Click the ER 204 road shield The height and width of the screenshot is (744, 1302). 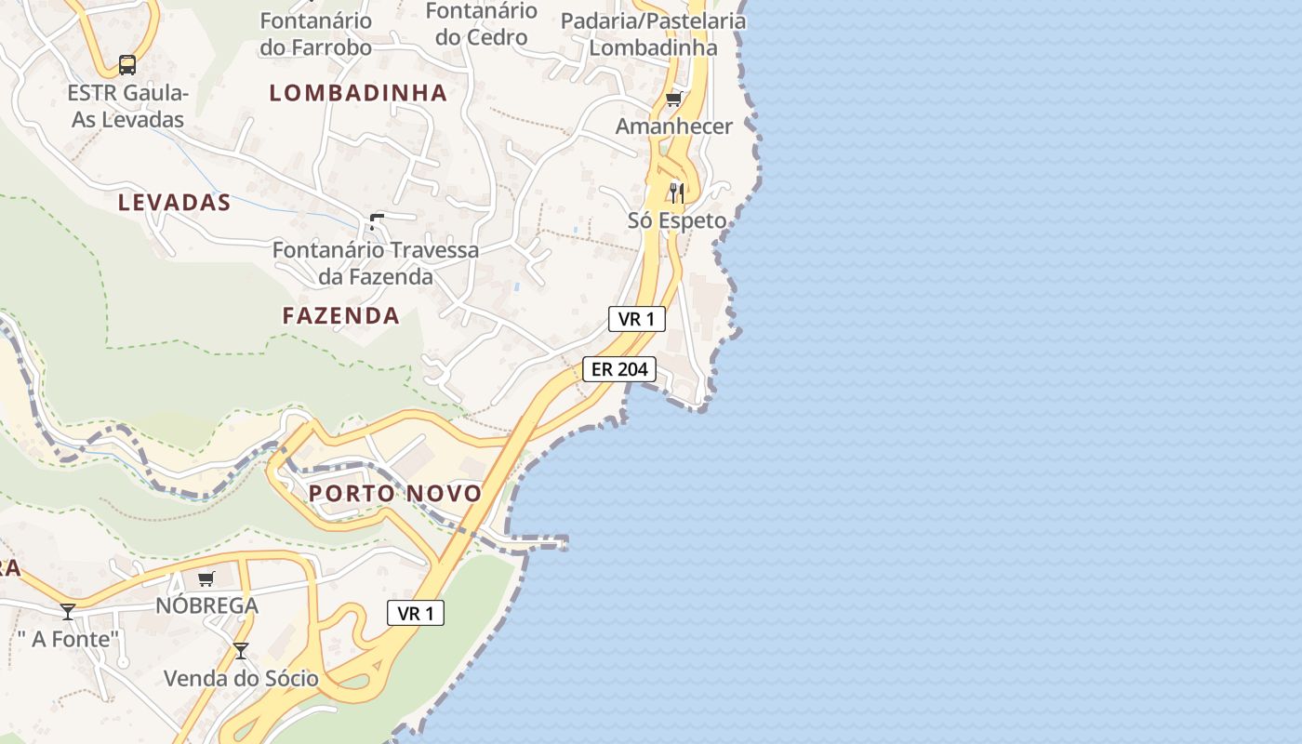tap(619, 369)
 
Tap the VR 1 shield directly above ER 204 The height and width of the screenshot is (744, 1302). tap(637, 319)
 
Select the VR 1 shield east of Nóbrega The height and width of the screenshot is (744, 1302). tap(416, 613)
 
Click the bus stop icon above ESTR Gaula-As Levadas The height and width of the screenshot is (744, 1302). tap(127, 65)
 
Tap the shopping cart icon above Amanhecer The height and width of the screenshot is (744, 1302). tap(674, 99)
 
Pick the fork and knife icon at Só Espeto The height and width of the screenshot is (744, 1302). tap(676, 193)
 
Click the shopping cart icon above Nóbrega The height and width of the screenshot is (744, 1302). tap(206, 578)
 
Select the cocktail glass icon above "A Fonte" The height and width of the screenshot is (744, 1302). tap(68, 611)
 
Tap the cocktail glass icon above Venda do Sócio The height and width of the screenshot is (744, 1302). tap(241, 650)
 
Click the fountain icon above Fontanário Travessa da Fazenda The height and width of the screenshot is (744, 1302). tap(376, 221)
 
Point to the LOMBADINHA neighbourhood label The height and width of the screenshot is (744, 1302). tap(358, 93)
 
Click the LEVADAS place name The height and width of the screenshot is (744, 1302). tap(174, 203)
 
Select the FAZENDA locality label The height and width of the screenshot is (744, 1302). tap(341, 316)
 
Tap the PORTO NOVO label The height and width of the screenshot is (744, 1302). tap(395, 494)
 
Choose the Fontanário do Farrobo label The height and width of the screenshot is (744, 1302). tap(316, 33)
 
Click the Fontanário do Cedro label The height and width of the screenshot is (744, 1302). tap(482, 24)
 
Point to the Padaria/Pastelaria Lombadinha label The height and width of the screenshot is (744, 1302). tap(654, 33)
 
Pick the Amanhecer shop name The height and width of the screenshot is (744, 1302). tap(674, 126)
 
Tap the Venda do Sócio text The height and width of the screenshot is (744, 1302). tap(241, 678)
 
